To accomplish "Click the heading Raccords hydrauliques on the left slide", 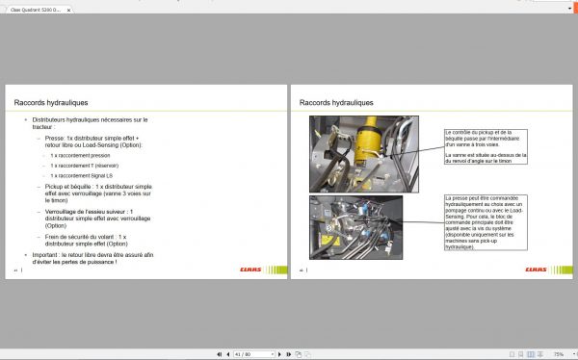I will (51, 102).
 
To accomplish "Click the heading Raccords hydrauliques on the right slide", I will (336, 102).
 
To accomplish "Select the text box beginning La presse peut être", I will (485, 222).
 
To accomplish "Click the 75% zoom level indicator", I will (558, 353).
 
